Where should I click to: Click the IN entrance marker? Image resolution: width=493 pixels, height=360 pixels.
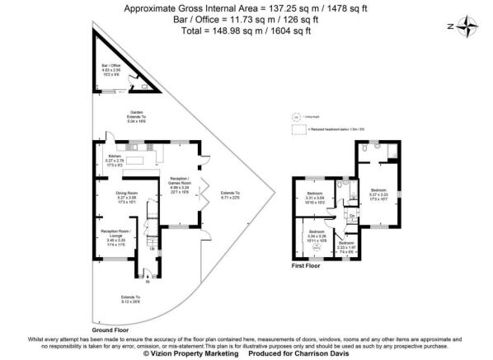[148, 283]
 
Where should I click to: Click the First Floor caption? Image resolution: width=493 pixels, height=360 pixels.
[306, 266]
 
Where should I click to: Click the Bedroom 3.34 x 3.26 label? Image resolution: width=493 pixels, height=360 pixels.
[318, 236]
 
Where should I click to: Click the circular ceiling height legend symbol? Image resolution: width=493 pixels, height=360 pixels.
[296, 117]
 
